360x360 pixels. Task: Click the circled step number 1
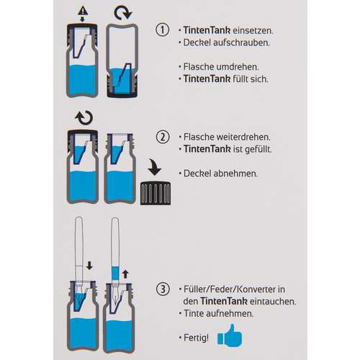click(x=163, y=30)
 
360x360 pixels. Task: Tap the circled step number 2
click(x=163, y=137)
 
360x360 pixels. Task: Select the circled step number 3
click(x=163, y=289)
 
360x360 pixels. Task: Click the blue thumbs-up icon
click(x=230, y=336)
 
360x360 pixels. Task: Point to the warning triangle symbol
click(x=83, y=11)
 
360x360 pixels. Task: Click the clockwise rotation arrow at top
click(x=123, y=13)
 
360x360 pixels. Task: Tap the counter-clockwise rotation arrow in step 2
click(x=84, y=117)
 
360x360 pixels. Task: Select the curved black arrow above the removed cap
click(x=155, y=166)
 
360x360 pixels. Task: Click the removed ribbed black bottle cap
click(x=156, y=194)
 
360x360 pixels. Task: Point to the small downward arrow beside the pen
click(x=89, y=266)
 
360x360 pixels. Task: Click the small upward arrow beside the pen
click(x=125, y=274)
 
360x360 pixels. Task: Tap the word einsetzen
click(x=253, y=30)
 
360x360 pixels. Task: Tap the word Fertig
click(x=196, y=338)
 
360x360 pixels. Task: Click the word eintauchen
click(x=273, y=301)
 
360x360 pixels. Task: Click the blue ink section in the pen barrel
click(x=115, y=274)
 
